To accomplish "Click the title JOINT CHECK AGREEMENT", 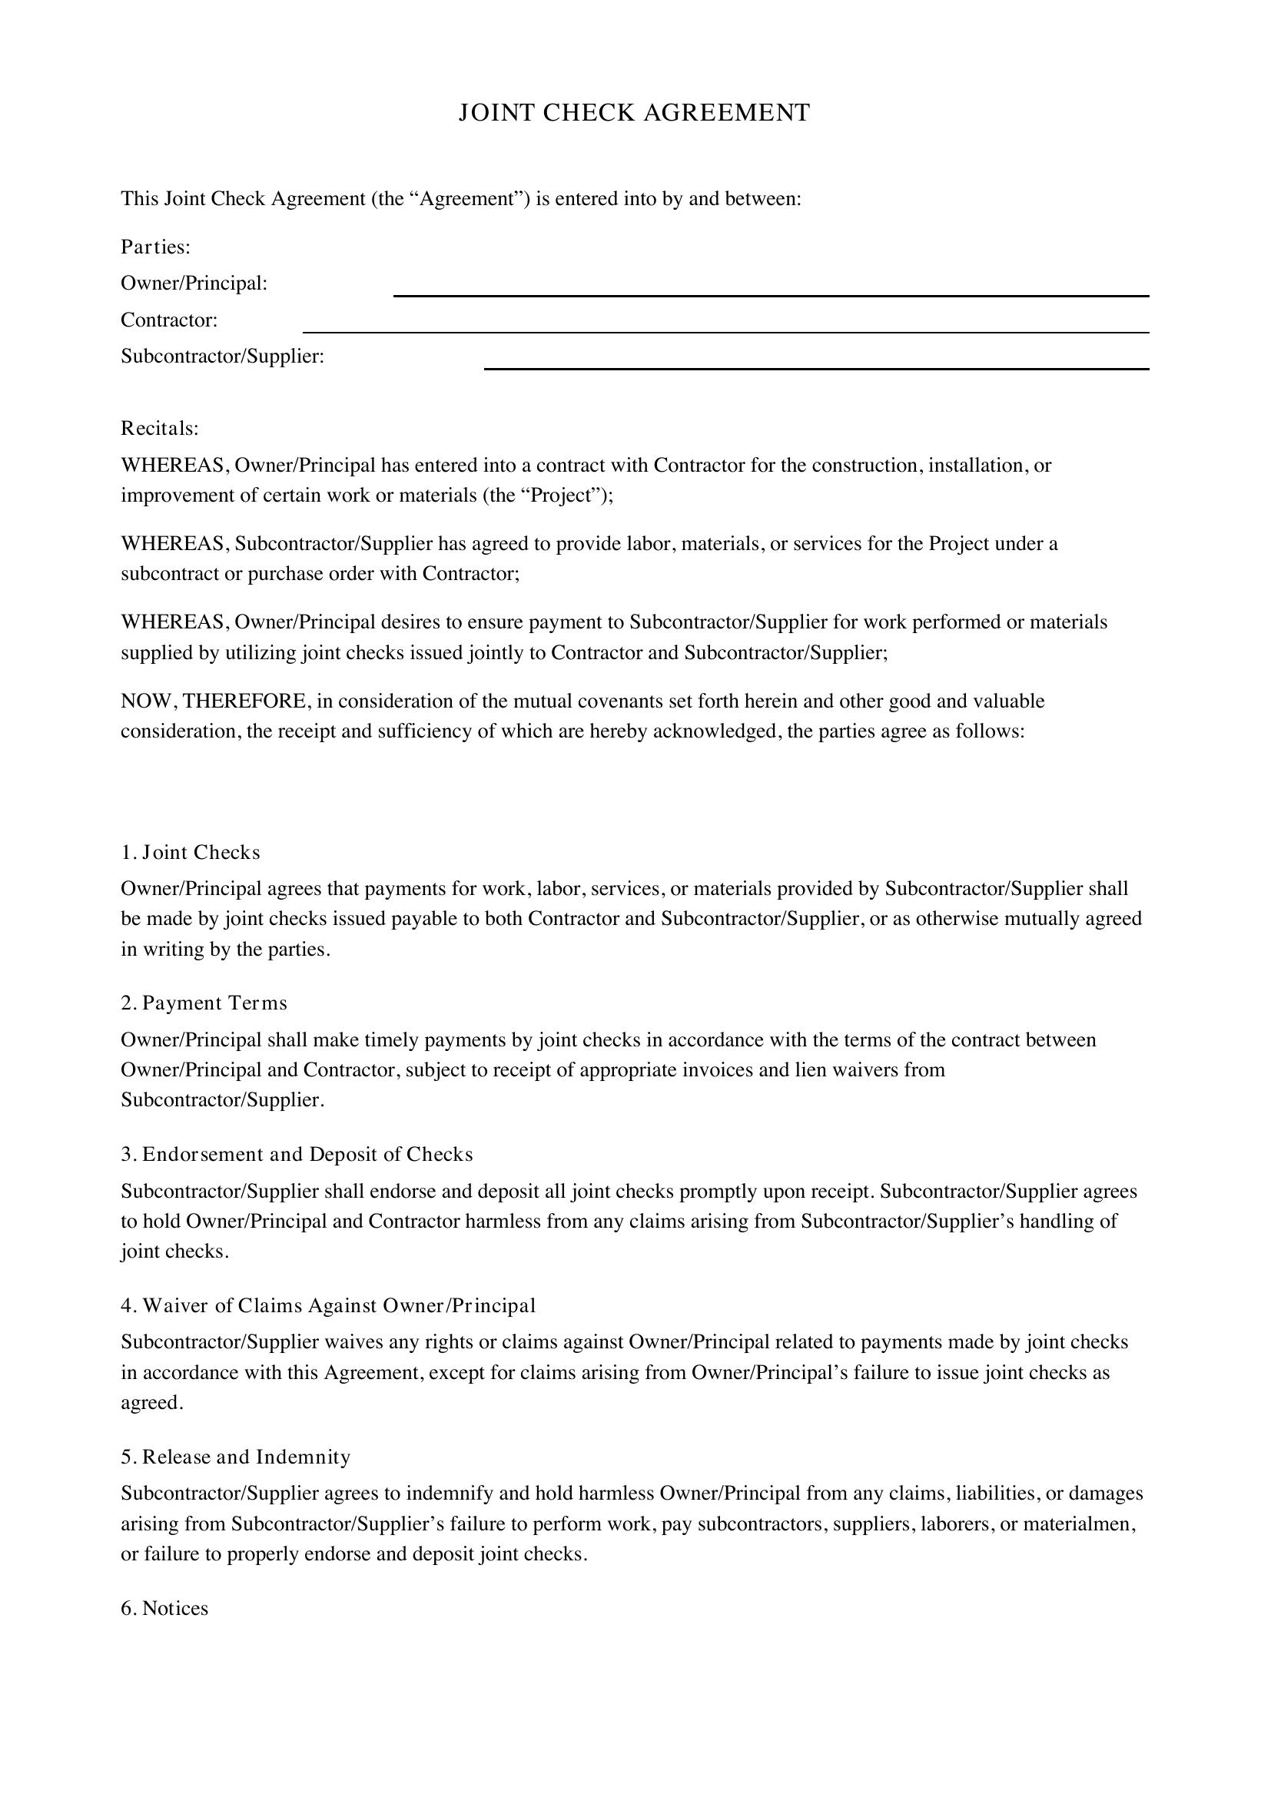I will [x=634, y=114].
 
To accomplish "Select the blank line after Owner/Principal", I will [x=770, y=294].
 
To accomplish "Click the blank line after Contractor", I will [x=725, y=331].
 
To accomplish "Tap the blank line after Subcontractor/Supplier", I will [x=816, y=367].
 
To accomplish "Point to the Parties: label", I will [x=156, y=247].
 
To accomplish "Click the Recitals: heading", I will [x=160, y=429].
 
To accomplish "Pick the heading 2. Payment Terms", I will [x=204, y=1003].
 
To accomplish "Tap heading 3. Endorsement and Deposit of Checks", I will [x=297, y=1155].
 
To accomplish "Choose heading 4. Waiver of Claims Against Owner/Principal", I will [x=329, y=1305].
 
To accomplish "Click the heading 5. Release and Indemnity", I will [x=236, y=1457].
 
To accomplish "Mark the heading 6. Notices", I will [x=165, y=1608].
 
